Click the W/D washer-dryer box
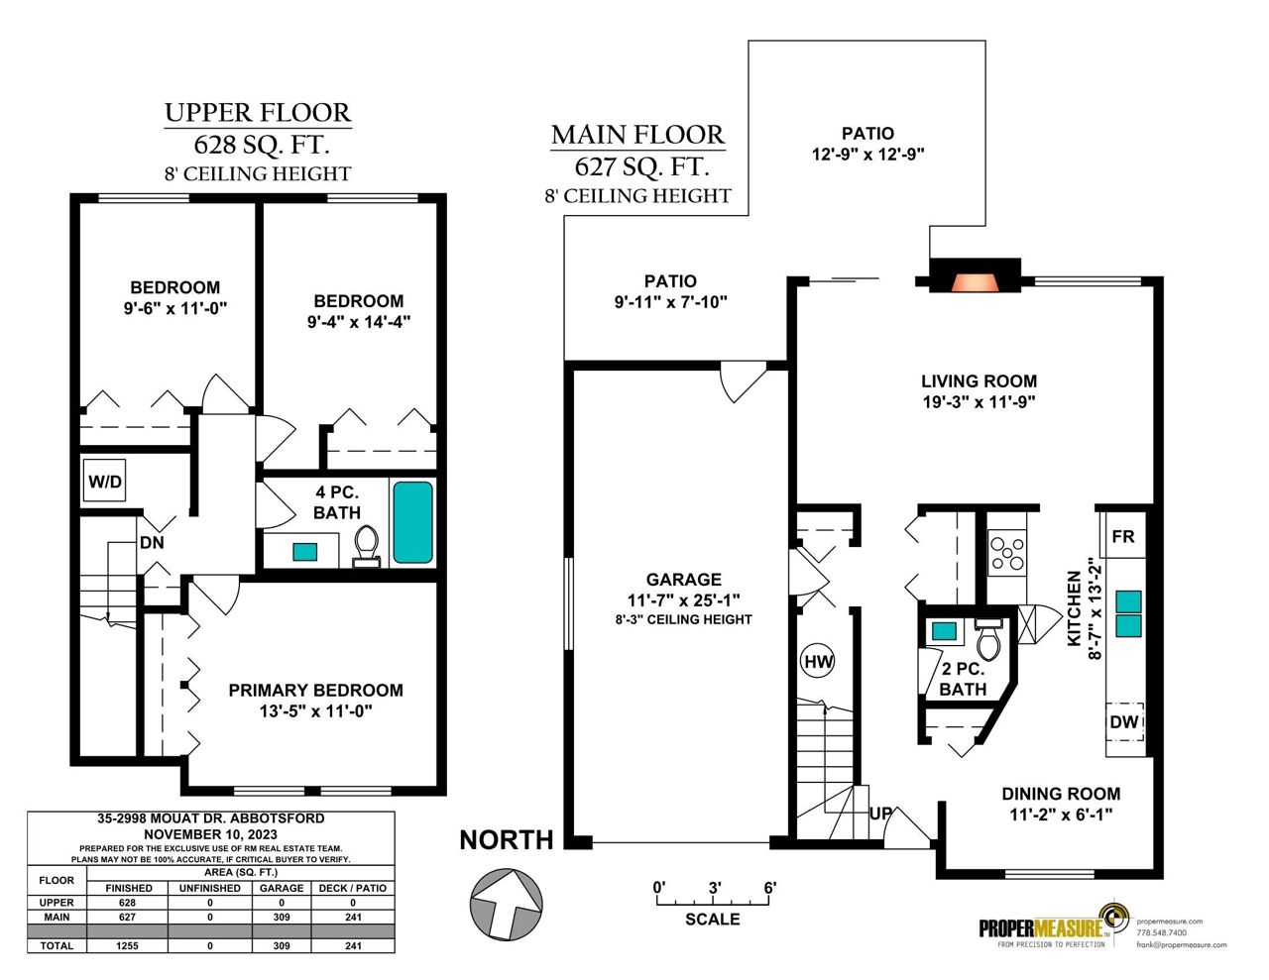(x=104, y=481)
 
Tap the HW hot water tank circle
(x=818, y=661)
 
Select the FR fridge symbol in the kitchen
(x=1122, y=536)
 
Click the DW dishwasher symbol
(x=1124, y=721)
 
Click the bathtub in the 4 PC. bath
(x=412, y=522)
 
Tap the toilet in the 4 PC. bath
(x=366, y=546)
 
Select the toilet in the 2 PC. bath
(x=988, y=639)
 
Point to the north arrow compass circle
(x=507, y=903)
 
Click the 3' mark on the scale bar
(x=715, y=888)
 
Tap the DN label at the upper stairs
(x=152, y=543)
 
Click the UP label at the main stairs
(x=881, y=814)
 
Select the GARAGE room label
(x=684, y=579)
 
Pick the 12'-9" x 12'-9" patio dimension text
(x=867, y=155)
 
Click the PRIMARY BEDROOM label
(x=316, y=691)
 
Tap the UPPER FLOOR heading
(x=258, y=113)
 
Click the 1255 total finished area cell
(x=127, y=945)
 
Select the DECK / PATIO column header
(x=353, y=889)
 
